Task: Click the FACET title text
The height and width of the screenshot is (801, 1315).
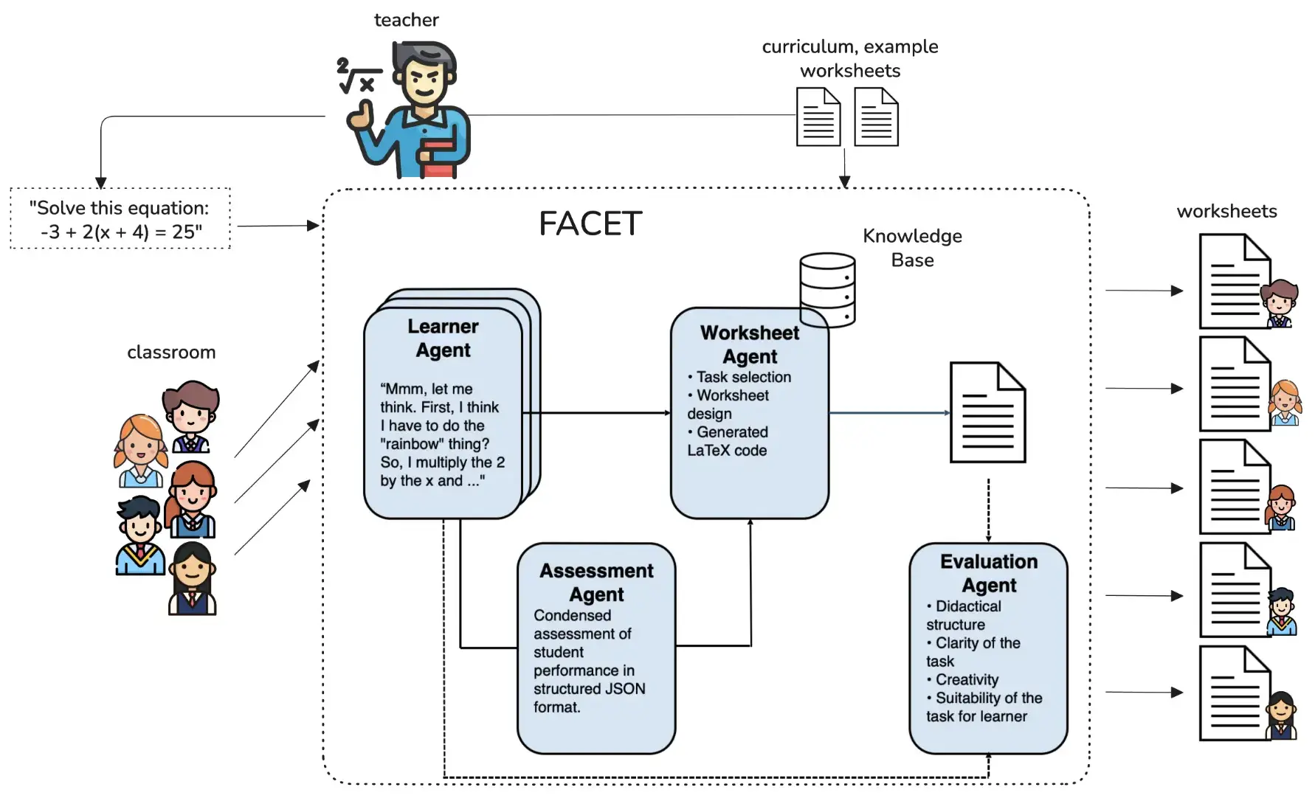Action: click(x=590, y=223)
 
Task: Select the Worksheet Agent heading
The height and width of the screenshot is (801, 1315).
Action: click(x=749, y=344)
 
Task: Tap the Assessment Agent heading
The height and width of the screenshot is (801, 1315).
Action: click(x=596, y=583)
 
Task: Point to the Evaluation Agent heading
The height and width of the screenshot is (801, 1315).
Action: click(x=989, y=573)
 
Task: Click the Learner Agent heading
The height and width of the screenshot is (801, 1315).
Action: click(x=443, y=338)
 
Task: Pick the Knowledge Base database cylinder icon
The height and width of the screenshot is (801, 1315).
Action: click(x=827, y=289)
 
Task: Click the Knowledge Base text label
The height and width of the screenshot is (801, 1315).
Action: click(x=912, y=248)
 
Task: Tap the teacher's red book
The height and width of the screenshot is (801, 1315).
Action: click(x=438, y=159)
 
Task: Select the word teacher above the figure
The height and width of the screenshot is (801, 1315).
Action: click(x=406, y=20)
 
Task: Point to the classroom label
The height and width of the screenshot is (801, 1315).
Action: click(x=171, y=353)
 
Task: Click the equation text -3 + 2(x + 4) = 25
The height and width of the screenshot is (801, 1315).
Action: click(x=121, y=232)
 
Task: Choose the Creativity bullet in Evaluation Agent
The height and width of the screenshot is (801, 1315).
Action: click(x=966, y=679)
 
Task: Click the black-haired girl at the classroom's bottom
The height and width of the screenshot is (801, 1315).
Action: click(x=193, y=579)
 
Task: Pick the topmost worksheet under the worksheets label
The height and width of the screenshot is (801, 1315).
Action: click(x=1235, y=282)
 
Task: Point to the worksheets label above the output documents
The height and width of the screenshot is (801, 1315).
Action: click(x=1226, y=212)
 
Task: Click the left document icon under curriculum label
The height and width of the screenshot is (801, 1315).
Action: click(x=818, y=117)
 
